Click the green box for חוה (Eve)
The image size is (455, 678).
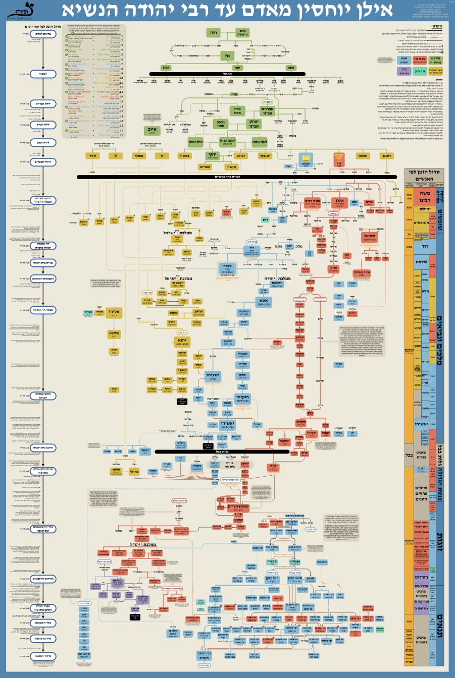pos(213,33)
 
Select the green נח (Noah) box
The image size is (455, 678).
pos(227,56)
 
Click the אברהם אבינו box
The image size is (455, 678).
pos(267,111)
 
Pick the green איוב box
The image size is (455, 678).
pos(152,131)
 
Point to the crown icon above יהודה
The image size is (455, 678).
pos(305,158)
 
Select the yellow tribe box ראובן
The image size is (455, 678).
pos(386,156)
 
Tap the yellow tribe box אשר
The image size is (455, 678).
pos(92,156)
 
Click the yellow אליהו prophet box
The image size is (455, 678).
pos(115,312)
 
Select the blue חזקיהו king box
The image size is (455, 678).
pos(242,399)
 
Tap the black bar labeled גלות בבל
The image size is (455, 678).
pos(222,452)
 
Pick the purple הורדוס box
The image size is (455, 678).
pos(117,582)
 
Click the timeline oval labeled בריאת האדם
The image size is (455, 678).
pos(42,34)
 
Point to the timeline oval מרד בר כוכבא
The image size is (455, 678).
pos(42,639)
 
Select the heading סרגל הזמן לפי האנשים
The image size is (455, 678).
pos(424,175)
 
